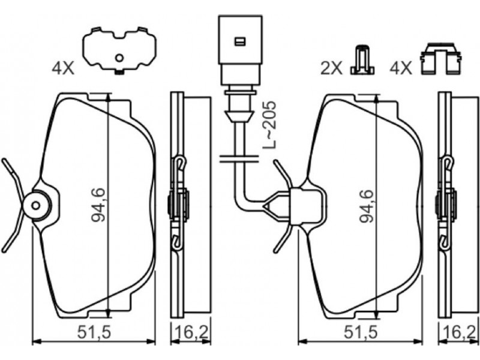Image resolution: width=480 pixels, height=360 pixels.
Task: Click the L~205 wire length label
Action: pos(271,125)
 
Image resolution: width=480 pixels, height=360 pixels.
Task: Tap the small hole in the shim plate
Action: pos(119,58)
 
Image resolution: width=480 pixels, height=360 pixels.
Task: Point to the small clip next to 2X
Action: pos(362,61)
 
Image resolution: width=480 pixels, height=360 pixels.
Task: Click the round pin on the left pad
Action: pos(37,204)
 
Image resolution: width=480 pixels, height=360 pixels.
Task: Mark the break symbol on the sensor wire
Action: pos(239,159)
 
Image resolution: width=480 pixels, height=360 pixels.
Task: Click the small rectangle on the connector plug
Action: pos(239,41)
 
